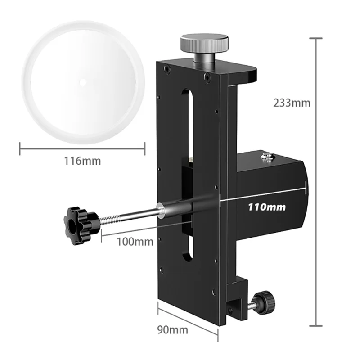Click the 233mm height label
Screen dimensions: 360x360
coord(292,103)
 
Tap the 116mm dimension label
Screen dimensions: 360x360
coord(82,161)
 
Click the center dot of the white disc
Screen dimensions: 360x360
coord(83,82)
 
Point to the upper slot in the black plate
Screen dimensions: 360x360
coord(188,121)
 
